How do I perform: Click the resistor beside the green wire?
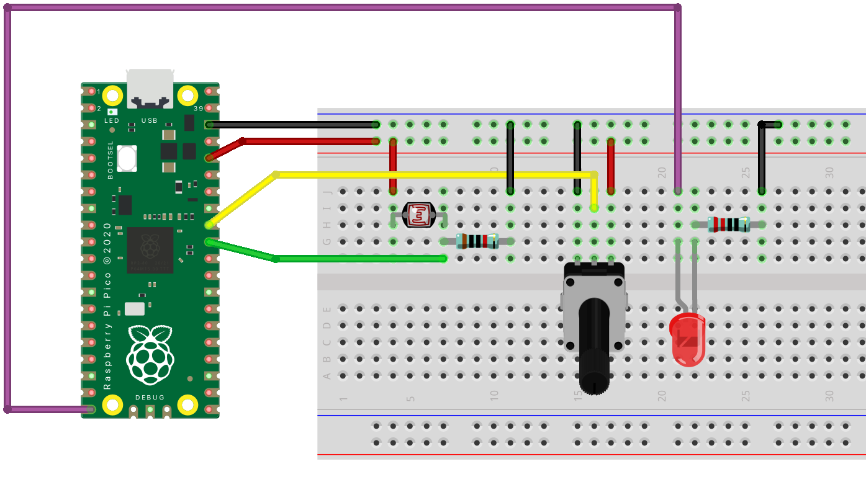(477, 241)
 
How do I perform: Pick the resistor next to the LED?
(728, 225)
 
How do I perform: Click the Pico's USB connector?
(150, 87)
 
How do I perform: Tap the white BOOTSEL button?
(127, 158)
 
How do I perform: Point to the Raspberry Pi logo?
(150, 353)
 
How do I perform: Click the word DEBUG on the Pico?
(150, 397)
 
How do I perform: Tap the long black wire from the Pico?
(292, 125)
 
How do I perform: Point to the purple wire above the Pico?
(341, 8)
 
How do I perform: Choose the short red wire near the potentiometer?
(611, 164)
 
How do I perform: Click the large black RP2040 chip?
(150, 250)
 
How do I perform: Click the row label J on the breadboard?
(328, 192)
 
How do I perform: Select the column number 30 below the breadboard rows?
(829, 395)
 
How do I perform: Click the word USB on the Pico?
(150, 120)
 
